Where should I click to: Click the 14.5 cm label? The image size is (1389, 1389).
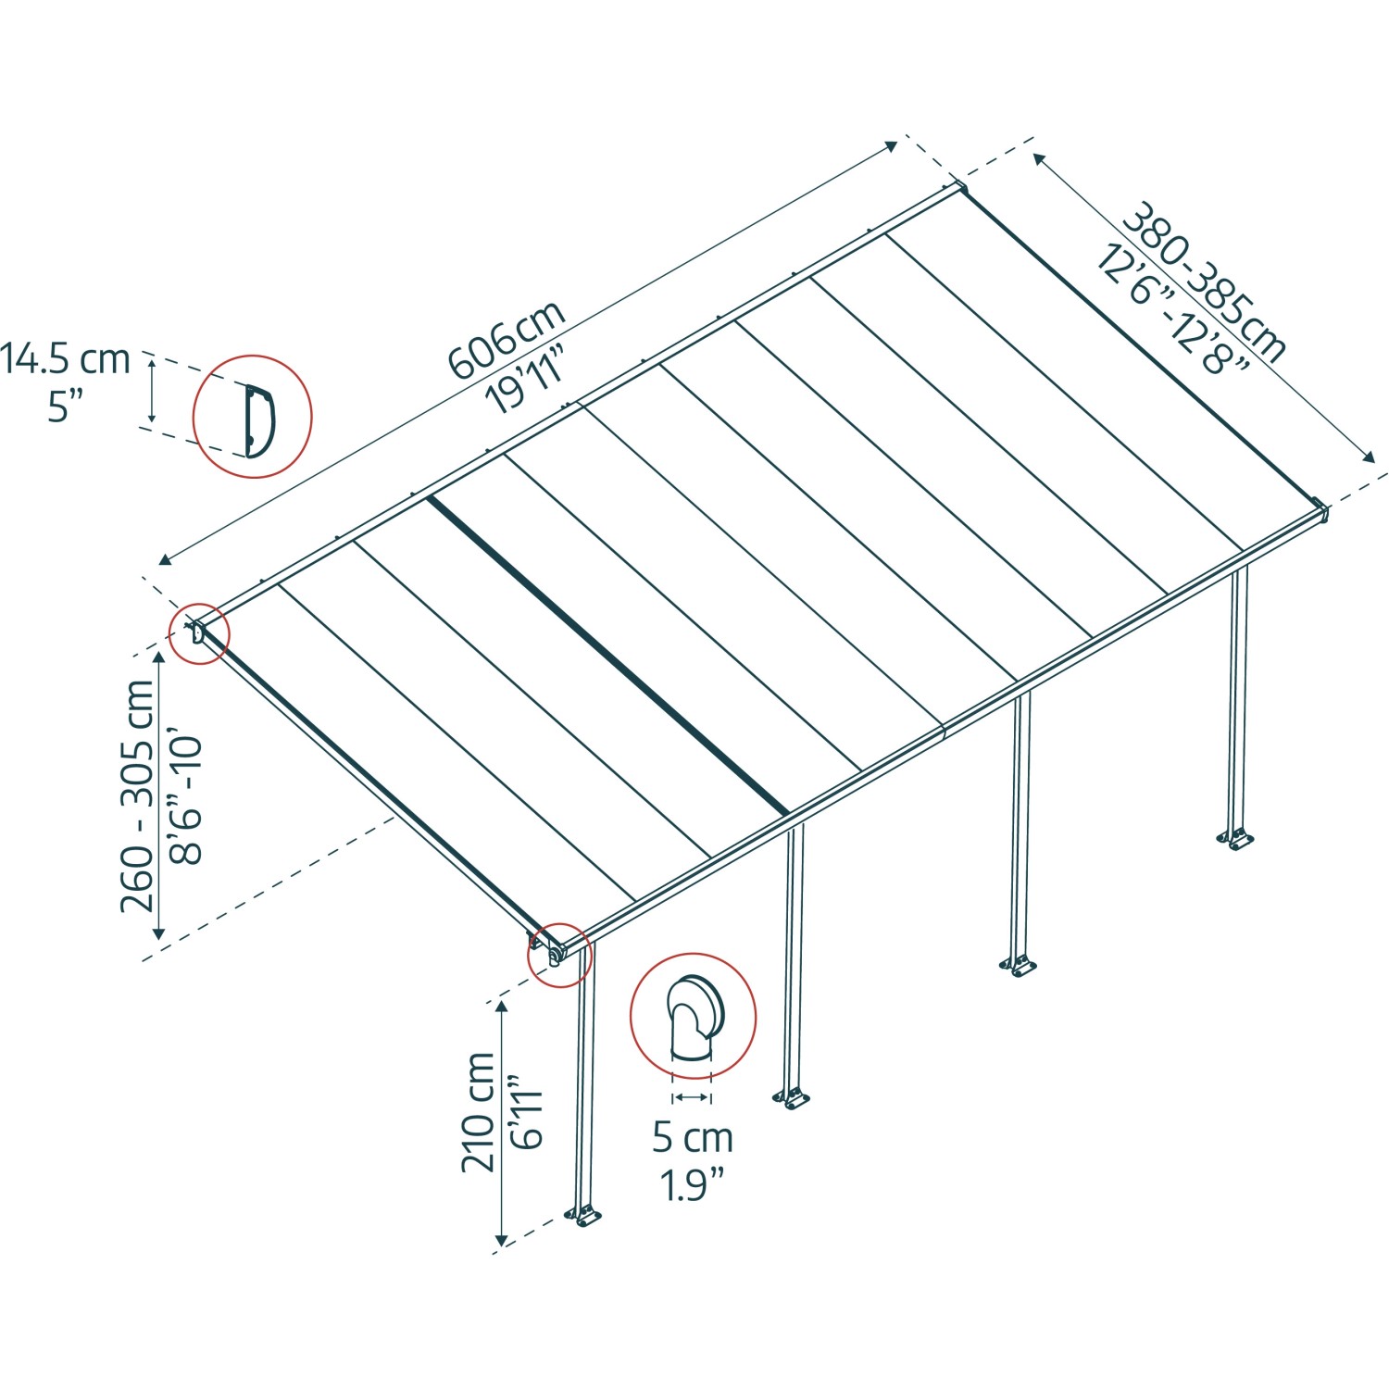click(x=65, y=359)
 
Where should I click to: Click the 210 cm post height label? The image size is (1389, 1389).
click(x=478, y=1112)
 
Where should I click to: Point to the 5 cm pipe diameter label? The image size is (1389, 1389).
click(x=692, y=1137)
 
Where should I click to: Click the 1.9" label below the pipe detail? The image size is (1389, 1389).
click(x=692, y=1184)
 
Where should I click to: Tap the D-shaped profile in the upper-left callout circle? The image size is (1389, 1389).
click(x=258, y=420)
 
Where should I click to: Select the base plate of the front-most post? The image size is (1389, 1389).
click(x=584, y=1216)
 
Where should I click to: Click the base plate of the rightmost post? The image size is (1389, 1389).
click(x=1234, y=841)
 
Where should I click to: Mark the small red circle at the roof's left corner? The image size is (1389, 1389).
click(x=198, y=634)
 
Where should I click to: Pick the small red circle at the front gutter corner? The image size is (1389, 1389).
click(x=558, y=955)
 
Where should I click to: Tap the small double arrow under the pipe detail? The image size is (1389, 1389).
click(x=692, y=1097)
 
